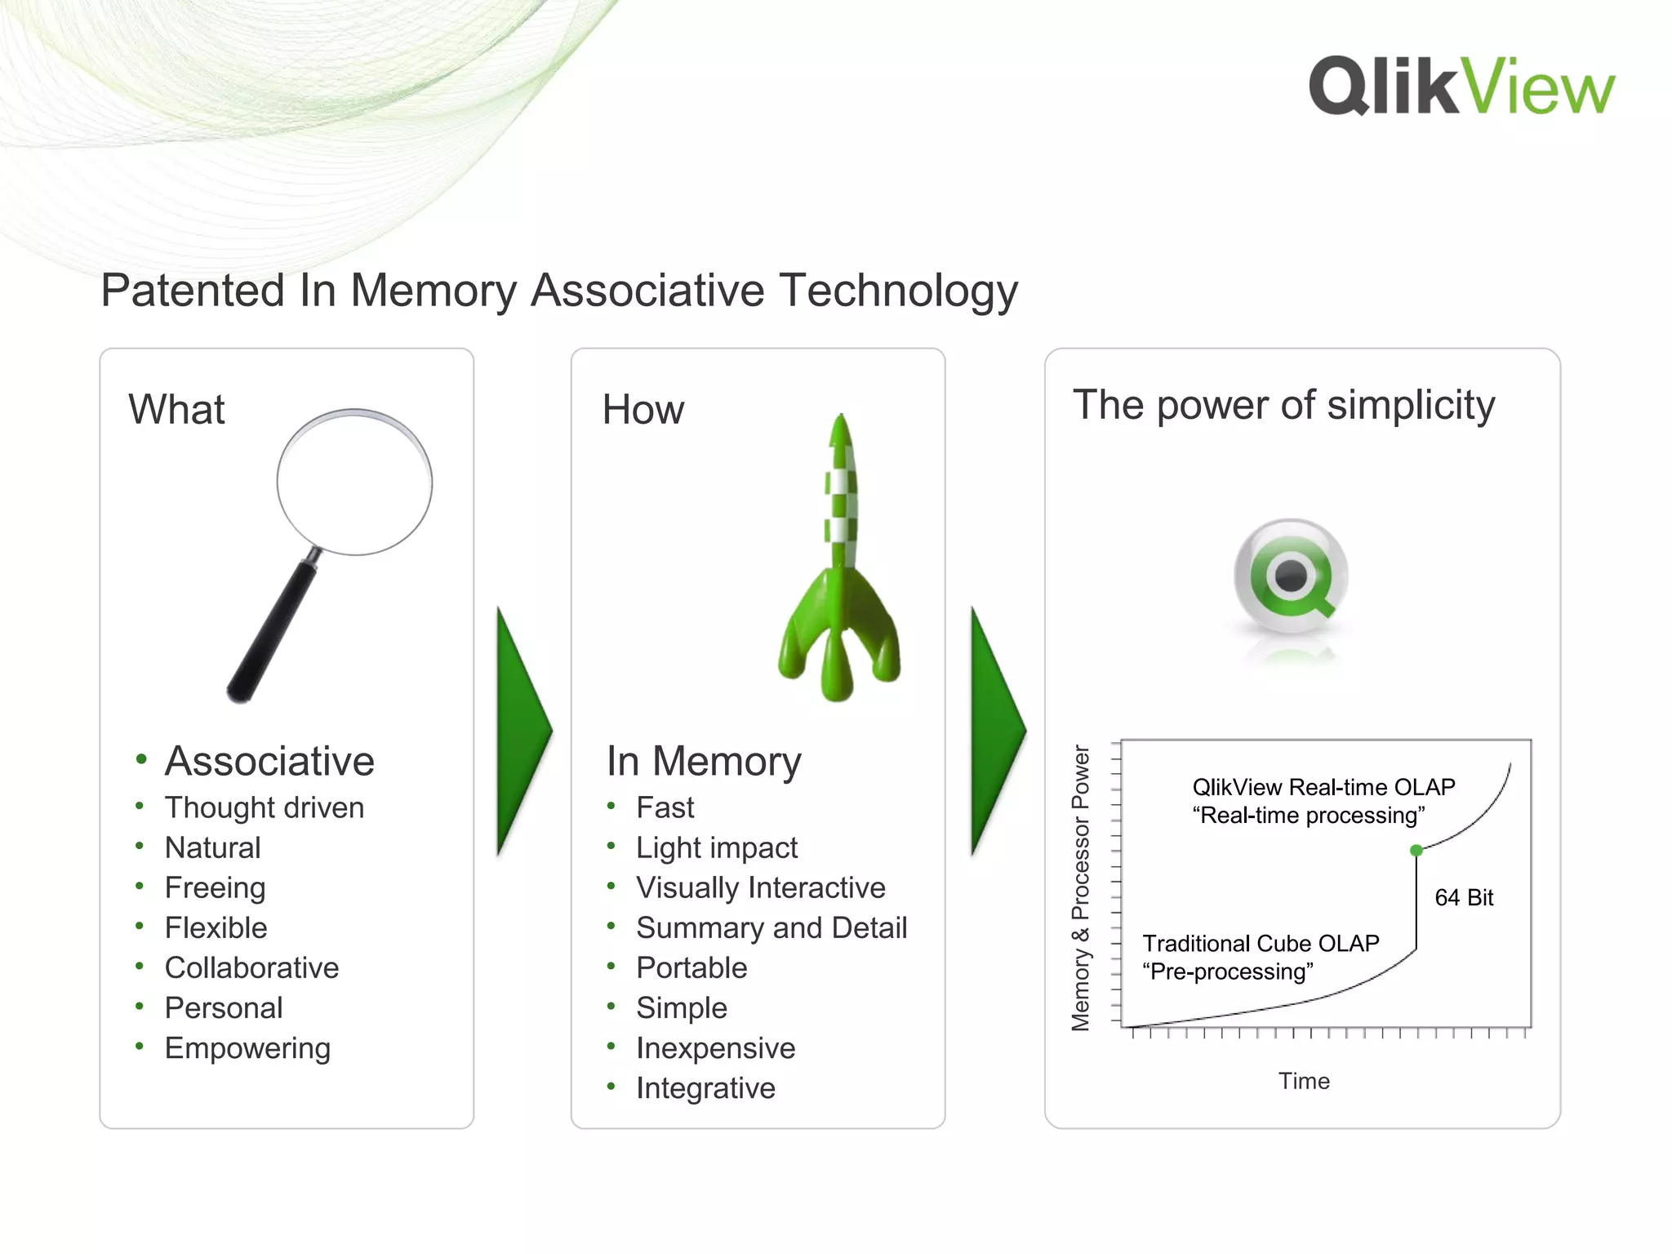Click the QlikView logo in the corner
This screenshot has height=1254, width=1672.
[1461, 87]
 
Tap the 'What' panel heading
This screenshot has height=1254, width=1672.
[176, 409]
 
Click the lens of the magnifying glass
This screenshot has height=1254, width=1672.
[354, 482]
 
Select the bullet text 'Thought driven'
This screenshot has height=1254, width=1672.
[265, 807]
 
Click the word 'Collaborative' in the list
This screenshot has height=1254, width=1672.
[251, 967]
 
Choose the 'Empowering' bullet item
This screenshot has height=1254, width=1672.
[247, 1047]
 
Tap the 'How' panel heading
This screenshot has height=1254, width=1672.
[643, 409]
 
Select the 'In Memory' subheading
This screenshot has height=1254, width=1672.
[704, 761]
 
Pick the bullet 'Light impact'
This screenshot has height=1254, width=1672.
[717, 847]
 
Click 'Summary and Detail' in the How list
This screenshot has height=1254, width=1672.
[772, 927]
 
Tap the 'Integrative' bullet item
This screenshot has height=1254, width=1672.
[705, 1087]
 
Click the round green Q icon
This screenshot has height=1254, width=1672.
[1291, 576]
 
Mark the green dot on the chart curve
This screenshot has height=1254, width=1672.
[1416, 851]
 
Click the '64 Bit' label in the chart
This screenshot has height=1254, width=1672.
[1464, 897]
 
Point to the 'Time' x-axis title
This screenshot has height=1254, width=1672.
[1304, 1081]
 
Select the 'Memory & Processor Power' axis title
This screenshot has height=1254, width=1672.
[1081, 887]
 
